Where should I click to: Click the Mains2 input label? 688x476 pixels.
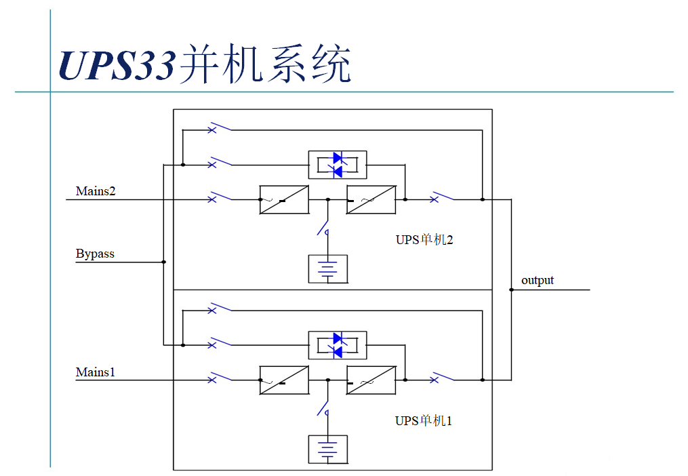96,191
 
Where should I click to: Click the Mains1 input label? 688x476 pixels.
96,372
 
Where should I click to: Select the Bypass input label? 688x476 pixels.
95,254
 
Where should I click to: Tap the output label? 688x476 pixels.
538,280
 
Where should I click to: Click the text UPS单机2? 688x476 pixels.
424,239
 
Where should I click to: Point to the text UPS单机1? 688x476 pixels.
424,421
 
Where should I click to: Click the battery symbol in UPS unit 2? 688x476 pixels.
327,269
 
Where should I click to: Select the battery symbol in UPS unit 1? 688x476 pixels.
327,450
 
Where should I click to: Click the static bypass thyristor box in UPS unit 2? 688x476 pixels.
338,164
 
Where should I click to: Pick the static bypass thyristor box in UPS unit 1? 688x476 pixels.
338,344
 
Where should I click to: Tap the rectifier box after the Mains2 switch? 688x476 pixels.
284,199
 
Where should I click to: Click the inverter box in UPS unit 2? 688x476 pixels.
371,199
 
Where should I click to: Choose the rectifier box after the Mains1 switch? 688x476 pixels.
284,380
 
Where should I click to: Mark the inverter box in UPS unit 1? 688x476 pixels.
371,380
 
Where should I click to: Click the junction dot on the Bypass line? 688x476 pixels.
163,262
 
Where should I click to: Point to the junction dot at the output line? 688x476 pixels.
511,290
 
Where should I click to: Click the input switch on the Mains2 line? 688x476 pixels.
220,197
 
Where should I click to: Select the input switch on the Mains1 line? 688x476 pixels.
220,378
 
